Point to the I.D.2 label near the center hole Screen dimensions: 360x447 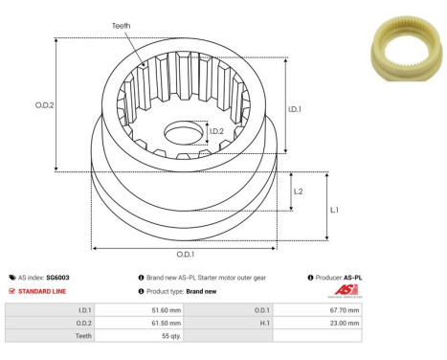pyautogui.click(x=216, y=131)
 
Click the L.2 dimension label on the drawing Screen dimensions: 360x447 pyautogui.click(x=299, y=191)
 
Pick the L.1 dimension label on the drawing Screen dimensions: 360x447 pyautogui.click(x=335, y=209)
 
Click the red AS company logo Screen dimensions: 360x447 pyautogui.click(x=347, y=290)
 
